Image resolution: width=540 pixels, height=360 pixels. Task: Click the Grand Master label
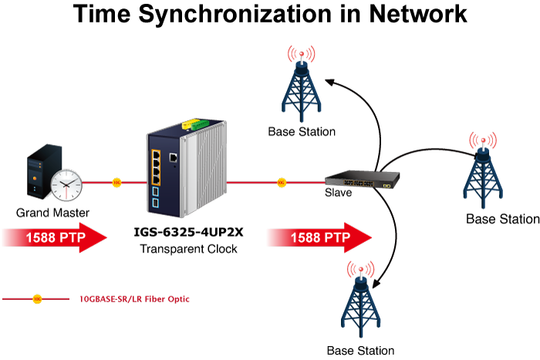point(53,212)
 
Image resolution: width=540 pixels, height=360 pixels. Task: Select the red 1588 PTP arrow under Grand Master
point(54,237)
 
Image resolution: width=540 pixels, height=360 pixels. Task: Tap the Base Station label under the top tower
point(302,132)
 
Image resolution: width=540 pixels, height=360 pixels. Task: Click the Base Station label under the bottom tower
point(360,350)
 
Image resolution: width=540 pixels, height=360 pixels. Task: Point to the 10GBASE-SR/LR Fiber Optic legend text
point(135,298)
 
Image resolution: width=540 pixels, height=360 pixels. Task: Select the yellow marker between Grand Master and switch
point(116,183)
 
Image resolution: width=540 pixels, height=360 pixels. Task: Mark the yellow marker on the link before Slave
point(281,183)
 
